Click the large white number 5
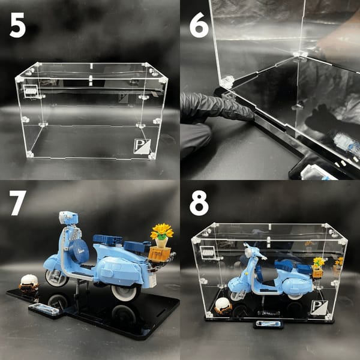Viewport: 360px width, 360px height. pyautogui.click(x=17, y=25)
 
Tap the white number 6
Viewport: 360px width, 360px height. pyautogui.click(x=199, y=25)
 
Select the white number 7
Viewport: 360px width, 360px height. pyautogui.click(x=17, y=203)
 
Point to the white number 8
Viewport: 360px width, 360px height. pyautogui.click(x=199, y=203)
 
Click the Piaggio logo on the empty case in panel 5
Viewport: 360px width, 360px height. pyautogui.click(x=142, y=146)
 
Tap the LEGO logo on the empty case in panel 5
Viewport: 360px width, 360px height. pyautogui.click(x=31, y=91)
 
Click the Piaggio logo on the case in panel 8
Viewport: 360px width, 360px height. pyautogui.click(x=319, y=307)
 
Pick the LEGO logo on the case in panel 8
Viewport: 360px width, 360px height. pyautogui.click(x=208, y=253)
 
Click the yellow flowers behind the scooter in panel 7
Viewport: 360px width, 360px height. pyautogui.click(x=162, y=231)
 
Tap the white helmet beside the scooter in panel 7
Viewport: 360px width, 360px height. pyautogui.click(x=29, y=282)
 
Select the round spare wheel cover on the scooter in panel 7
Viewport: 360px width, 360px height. pyautogui.click(x=79, y=251)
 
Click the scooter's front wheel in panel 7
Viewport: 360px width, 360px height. pyautogui.click(x=56, y=278)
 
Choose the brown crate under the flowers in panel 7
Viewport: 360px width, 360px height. pyautogui.click(x=160, y=254)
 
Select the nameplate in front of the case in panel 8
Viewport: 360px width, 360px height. pyautogui.click(x=268, y=324)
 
